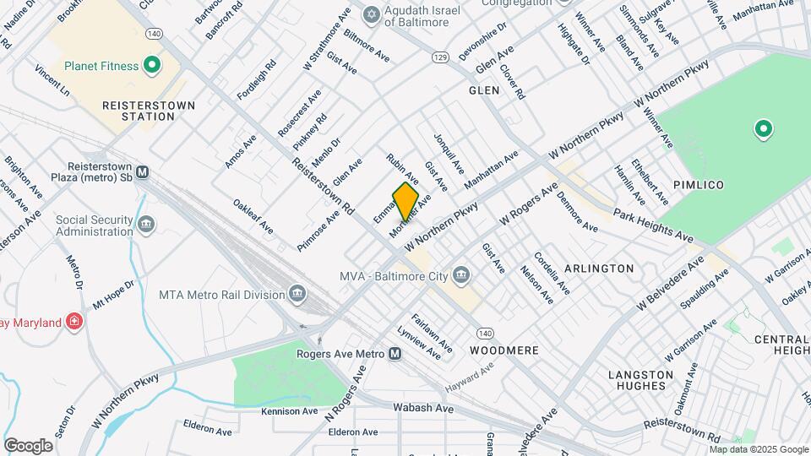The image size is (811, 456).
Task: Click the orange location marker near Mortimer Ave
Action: [405, 201]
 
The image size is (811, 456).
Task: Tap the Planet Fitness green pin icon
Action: [152, 64]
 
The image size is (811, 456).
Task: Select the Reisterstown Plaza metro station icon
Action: [143, 171]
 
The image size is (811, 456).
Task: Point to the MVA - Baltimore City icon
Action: [461, 274]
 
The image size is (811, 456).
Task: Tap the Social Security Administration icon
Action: [146, 225]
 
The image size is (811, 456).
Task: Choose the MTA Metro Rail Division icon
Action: [297, 294]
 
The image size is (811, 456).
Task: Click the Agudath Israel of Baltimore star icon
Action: [370, 14]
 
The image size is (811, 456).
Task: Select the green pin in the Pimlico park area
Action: [763, 129]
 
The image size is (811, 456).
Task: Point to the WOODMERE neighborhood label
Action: [504, 350]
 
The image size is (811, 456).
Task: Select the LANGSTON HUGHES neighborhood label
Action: [640, 380]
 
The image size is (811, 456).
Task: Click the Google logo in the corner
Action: [28, 445]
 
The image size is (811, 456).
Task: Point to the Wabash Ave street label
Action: [423, 408]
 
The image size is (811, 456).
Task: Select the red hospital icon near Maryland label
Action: [74, 323]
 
